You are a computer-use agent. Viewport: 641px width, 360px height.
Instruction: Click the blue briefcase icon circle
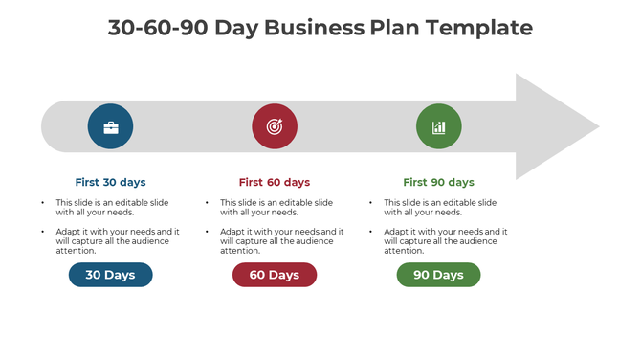[x=110, y=126]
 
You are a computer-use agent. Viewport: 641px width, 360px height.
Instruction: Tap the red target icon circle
[x=275, y=126]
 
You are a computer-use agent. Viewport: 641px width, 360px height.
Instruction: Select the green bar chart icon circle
[x=438, y=126]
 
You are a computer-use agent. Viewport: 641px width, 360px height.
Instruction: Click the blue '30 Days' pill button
[x=110, y=275]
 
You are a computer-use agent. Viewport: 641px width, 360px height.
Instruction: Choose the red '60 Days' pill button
[x=275, y=275]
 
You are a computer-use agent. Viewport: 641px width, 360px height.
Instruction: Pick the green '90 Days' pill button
[x=438, y=275]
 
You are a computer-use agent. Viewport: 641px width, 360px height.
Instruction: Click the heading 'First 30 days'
[x=110, y=182]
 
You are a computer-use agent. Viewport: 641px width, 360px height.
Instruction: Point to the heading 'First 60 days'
[x=275, y=182]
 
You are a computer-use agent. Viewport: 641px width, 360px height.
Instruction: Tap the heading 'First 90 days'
[x=438, y=182]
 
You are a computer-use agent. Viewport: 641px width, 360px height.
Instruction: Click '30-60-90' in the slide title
[x=157, y=28]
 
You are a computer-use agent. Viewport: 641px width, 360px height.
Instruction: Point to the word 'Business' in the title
[x=315, y=28]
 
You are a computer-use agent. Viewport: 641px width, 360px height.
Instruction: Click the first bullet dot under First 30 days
[x=42, y=203]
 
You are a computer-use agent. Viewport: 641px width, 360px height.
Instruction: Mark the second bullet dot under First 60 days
[x=207, y=232]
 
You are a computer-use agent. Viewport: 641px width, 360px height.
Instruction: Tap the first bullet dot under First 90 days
[x=370, y=203]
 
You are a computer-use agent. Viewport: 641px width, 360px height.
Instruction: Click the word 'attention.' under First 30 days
[x=77, y=251]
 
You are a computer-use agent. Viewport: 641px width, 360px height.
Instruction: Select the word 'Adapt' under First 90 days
[x=396, y=232]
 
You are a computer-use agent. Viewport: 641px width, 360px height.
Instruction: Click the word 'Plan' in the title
[x=393, y=28]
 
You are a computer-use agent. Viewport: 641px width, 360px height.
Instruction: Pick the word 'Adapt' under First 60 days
[x=232, y=232]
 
